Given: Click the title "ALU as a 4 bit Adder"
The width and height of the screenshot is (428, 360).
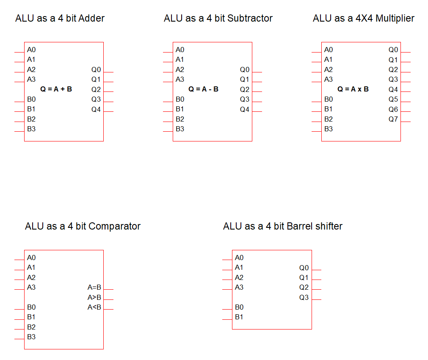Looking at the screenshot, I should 60,18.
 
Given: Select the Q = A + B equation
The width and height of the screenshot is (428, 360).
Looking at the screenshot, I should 56,89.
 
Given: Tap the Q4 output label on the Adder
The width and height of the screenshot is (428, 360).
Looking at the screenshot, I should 96,110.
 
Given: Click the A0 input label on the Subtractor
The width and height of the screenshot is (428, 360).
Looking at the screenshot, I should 180,50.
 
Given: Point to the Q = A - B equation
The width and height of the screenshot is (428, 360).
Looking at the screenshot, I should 204,89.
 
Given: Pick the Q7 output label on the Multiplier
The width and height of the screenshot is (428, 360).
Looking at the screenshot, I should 393,119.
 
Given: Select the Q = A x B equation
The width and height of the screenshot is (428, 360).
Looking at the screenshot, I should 353,89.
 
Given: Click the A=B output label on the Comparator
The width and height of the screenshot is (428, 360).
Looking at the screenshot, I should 94,288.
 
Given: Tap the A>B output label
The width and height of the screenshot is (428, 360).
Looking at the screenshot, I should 94,297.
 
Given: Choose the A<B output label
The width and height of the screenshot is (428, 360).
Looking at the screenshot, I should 94,307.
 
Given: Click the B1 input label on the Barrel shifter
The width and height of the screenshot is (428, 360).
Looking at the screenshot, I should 239,317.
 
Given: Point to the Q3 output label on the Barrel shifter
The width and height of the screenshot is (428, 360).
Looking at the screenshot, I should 304,297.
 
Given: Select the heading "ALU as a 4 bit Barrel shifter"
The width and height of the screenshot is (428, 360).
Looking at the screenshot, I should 283,226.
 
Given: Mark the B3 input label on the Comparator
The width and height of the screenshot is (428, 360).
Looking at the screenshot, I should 31,337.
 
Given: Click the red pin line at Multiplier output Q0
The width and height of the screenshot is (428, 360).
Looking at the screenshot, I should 406,52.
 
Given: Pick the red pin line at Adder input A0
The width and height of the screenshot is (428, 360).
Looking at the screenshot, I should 19,52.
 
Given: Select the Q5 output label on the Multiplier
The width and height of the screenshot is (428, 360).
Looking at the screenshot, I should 393,99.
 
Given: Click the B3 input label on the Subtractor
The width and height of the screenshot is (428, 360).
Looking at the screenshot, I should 180,129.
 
